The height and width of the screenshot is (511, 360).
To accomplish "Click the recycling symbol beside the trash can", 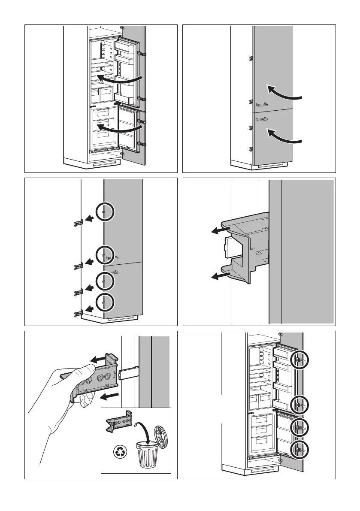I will (x=118, y=452).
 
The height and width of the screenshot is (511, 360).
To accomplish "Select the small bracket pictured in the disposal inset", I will (x=118, y=423).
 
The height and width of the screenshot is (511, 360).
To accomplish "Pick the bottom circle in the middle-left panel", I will (x=105, y=302).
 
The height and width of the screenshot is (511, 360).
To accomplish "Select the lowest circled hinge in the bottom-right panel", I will (x=299, y=449).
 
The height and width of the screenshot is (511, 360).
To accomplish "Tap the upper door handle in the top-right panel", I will (x=261, y=104).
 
